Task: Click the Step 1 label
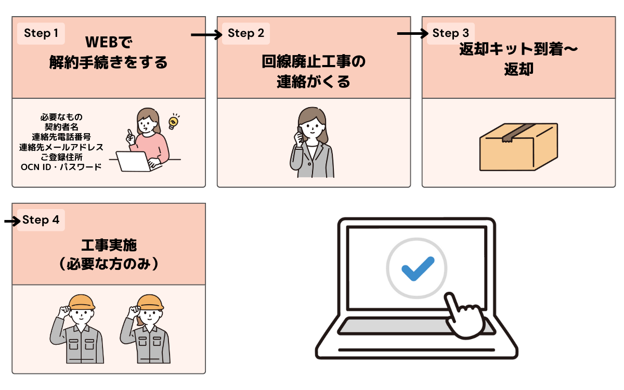click(41, 34)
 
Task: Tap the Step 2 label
click(246, 34)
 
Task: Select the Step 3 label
click(451, 34)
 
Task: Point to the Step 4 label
click(41, 220)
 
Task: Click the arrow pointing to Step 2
click(206, 35)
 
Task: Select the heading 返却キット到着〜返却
click(518, 59)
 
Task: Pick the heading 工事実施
click(109, 245)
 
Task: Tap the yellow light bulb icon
click(173, 121)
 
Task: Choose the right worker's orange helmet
click(151, 302)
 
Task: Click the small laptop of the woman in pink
click(132, 161)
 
